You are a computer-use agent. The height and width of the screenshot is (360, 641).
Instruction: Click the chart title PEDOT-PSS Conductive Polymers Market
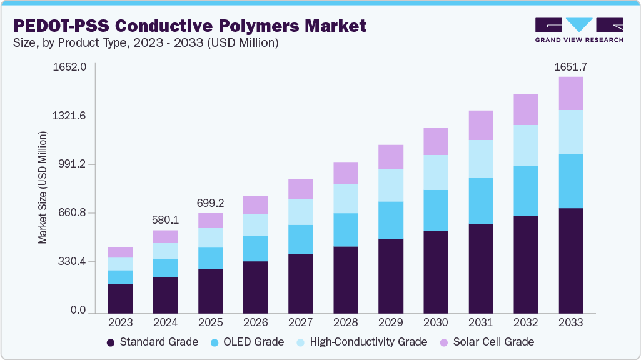189,26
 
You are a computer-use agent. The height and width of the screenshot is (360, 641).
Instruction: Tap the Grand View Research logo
578,30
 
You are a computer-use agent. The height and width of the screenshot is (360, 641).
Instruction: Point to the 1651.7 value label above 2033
570,67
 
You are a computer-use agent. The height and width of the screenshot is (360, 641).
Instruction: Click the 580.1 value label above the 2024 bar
165,220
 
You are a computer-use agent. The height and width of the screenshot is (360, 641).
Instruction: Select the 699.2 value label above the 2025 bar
210,203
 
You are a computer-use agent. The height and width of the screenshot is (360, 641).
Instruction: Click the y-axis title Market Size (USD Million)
43,187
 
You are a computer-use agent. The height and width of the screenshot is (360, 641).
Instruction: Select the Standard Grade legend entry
152,342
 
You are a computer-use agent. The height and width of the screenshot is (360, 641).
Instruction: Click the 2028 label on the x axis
345,322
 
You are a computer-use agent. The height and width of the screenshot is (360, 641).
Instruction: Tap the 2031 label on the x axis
480,322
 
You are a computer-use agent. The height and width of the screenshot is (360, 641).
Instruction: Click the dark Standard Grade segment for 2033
570,260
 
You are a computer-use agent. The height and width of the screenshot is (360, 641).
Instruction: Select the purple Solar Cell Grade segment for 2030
435,141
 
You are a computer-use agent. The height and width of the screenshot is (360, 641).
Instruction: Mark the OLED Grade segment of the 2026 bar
255,248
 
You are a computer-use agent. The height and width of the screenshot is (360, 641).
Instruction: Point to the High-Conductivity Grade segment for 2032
525,145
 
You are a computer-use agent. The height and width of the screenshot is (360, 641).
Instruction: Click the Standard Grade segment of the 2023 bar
120,298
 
